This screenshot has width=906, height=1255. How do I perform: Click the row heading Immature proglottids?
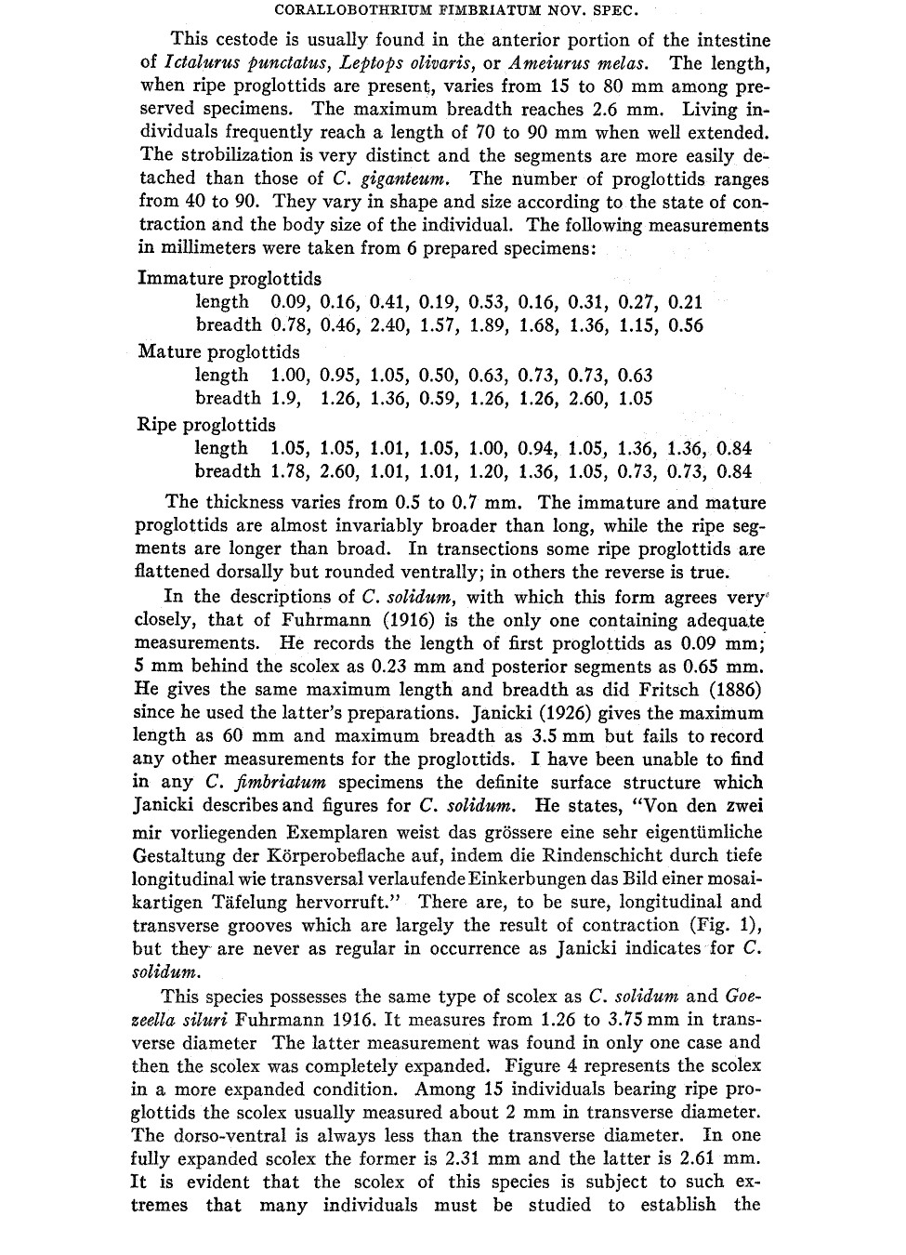coord(229,278)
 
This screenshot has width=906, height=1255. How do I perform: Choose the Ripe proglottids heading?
coord(206,425)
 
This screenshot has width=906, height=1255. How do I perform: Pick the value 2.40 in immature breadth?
coord(389,325)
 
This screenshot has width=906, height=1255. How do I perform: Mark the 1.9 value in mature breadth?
coord(284,399)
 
